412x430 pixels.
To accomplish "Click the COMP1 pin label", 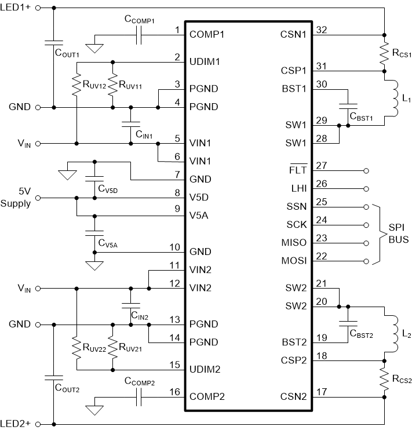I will click(207, 34).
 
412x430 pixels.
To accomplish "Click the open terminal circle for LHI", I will click(366, 189).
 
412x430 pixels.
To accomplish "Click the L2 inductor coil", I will click(394, 333).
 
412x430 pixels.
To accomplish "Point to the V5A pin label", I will click(200, 216).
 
